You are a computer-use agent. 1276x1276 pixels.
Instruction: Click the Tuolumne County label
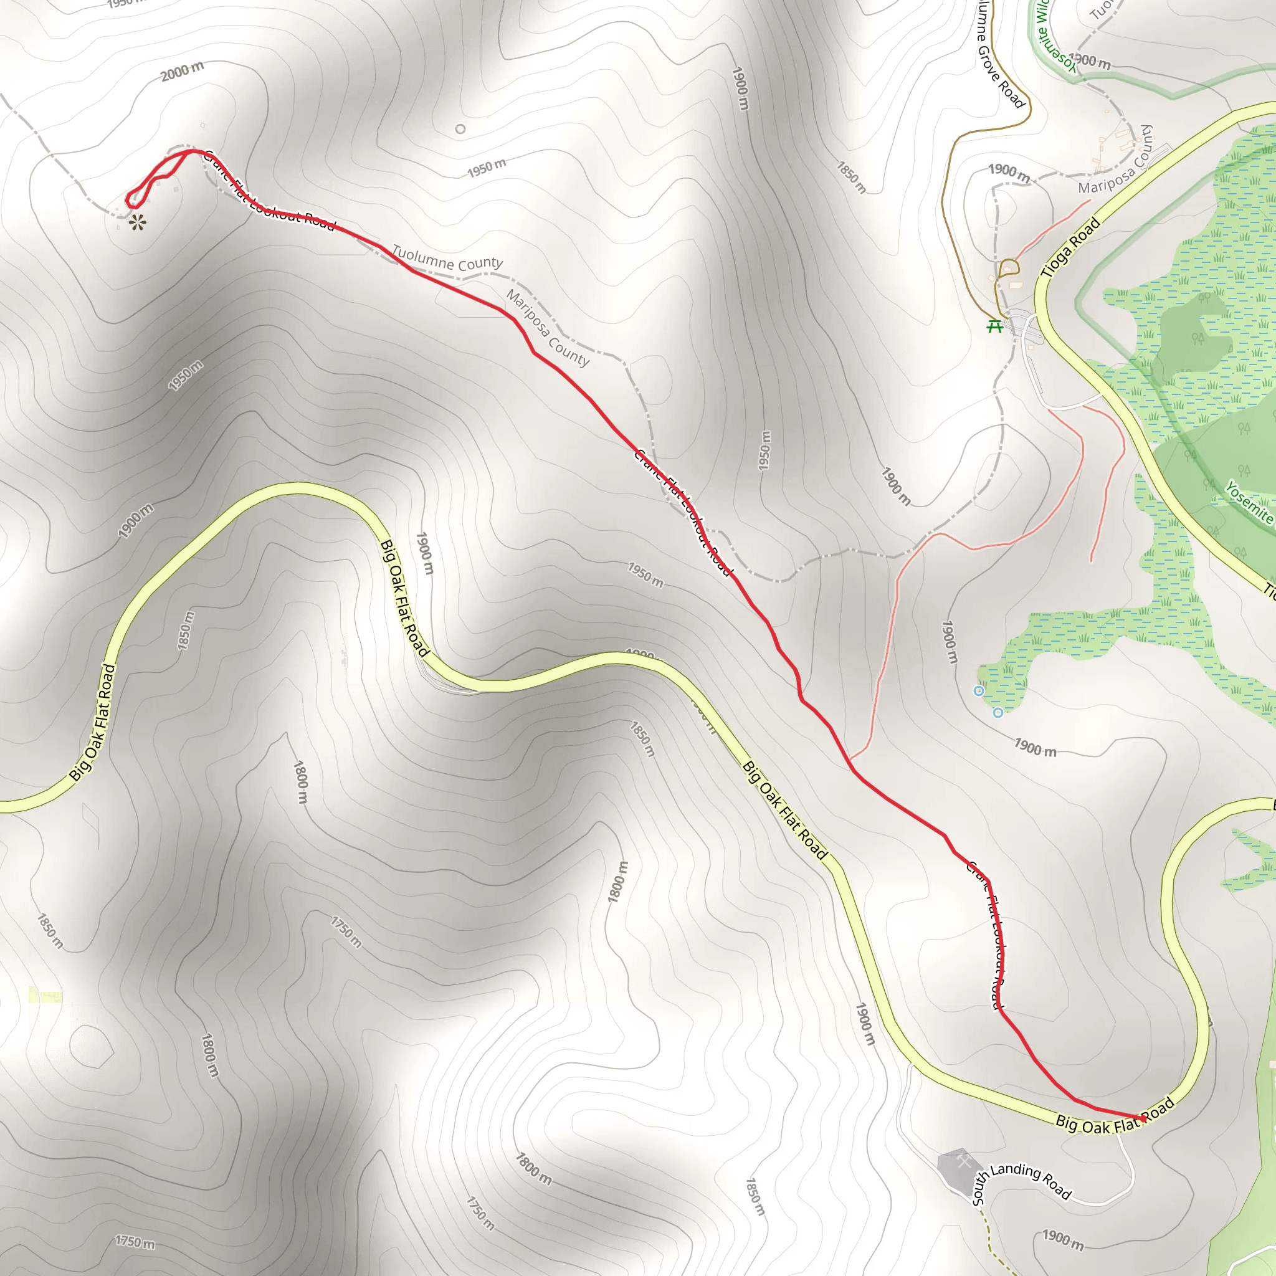click(447, 258)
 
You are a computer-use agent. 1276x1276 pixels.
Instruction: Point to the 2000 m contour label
click(183, 70)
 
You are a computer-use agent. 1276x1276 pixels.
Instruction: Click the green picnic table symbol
click(994, 326)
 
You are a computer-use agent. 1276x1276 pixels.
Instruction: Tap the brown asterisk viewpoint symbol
click(137, 222)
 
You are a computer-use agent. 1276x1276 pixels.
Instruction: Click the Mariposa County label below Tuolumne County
click(548, 328)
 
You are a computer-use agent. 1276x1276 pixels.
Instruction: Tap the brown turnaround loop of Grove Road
click(1009, 267)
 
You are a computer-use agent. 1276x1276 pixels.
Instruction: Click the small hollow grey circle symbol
click(460, 129)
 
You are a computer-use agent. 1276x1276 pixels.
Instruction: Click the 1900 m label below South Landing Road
click(1063, 1240)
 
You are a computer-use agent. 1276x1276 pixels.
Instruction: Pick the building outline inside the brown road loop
click(1015, 285)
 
